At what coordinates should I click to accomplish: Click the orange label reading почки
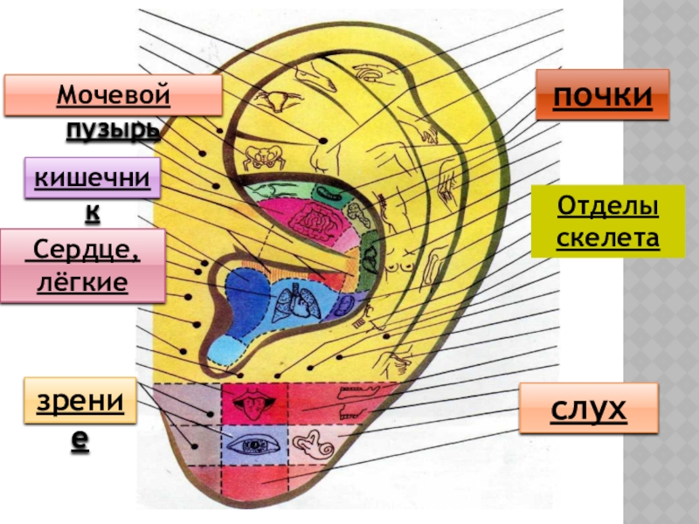tap(602, 94)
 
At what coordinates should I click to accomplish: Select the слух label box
tap(588, 408)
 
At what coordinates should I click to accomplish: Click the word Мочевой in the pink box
tap(113, 93)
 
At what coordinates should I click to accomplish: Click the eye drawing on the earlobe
tap(256, 445)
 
